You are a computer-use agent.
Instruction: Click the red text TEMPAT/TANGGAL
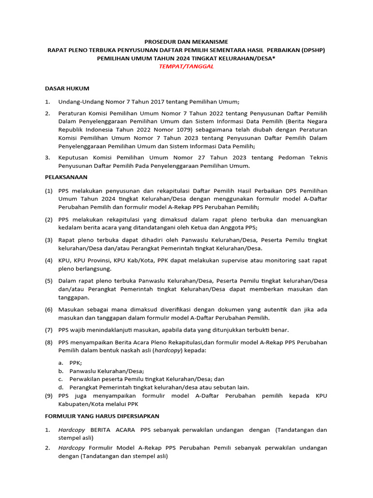186,67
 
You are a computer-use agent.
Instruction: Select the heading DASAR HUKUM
67,89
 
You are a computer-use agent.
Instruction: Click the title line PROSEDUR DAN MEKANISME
186,41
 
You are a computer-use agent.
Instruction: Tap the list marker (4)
49,261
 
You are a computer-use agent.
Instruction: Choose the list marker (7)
49,330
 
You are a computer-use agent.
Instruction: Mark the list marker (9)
49,396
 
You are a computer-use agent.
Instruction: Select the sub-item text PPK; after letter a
76,363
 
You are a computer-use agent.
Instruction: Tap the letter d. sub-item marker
61,388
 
